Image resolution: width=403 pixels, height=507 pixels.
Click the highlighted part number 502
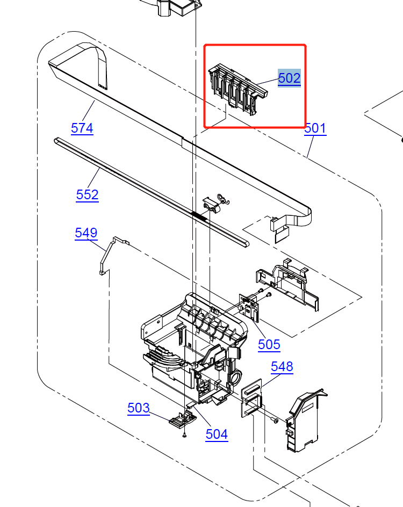pyautogui.click(x=289, y=78)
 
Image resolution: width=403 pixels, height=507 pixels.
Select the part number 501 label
pyautogui.click(x=315, y=128)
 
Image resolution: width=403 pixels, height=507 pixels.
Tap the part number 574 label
pyautogui.click(x=82, y=128)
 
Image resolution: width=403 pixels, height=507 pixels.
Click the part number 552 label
pyautogui.click(x=87, y=194)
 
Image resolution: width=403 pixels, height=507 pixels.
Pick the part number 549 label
pyautogui.click(x=86, y=233)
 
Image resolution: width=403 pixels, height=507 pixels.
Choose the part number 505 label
pyautogui.click(x=269, y=344)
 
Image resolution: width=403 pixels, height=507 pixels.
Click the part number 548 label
pyautogui.click(x=282, y=367)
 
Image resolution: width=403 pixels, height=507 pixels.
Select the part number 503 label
pyautogui.click(x=138, y=408)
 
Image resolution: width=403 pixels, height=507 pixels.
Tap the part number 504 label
pyautogui.click(x=217, y=434)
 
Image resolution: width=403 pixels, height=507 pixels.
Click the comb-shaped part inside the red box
pyautogui.click(x=236, y=88)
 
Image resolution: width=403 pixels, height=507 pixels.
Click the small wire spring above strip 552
pyautogui.click(x=223, y=198)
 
